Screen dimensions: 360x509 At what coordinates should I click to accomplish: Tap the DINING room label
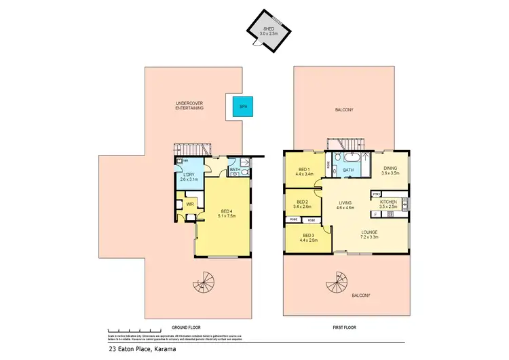click(391, 170)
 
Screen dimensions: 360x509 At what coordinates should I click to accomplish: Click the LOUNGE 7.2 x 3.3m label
click(369, 235)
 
